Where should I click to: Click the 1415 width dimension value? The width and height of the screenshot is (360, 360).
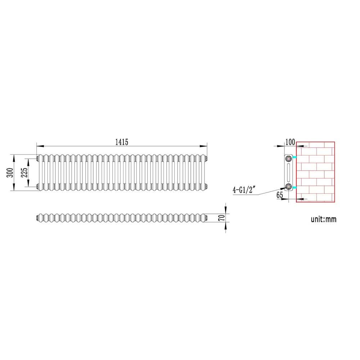(x=122, y=142)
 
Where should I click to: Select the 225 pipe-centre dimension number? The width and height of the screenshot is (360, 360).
(x=24, y=172)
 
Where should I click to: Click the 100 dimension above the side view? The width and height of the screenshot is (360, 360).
(x=290, y=142)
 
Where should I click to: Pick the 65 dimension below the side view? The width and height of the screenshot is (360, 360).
(x=280, y=195)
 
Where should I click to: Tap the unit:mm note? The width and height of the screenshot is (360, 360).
(x=324, y=219)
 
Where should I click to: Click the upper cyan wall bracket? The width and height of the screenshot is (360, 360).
(x=294, y=158)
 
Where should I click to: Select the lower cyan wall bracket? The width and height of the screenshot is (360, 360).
(x=294, y=188)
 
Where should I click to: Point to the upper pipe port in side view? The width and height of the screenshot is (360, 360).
(x=289, y=158)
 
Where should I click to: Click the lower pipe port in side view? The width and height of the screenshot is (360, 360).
(x=289, y=186)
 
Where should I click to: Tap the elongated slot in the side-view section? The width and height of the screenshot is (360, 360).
(x=289, y=172)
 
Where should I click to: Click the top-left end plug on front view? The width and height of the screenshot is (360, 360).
(x=37, y=158)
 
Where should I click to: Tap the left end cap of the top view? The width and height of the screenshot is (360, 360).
(x=37, y=217)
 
